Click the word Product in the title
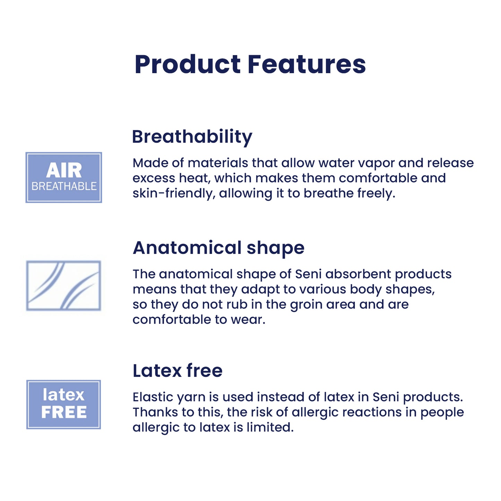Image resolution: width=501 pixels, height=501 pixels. point(188,65)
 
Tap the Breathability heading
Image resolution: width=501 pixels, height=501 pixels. point(192,137)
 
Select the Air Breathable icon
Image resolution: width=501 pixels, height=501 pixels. point(64,177)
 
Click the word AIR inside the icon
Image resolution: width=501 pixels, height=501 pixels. point(64,170)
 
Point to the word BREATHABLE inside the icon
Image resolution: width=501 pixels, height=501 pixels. point(64,186)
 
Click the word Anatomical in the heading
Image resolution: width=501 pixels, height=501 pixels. point(187,248)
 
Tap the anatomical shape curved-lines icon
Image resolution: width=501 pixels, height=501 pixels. point(63,285)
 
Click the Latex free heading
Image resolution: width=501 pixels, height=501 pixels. point(178,371)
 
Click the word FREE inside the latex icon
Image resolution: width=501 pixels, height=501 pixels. point(64,412)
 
